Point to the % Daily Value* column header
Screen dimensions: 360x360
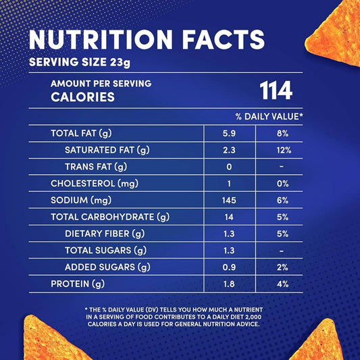pos(269,117)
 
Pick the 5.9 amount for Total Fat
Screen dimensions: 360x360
pos(230,134)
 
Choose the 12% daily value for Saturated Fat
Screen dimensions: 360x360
pos(282,150)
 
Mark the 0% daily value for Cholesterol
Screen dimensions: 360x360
pos(282,184)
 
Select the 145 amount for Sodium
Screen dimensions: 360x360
pos(230,201)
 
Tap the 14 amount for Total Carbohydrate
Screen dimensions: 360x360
pos(230,217)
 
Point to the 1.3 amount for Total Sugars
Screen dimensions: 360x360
pos(230,251)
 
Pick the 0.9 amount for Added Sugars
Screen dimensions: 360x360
pos(230,267)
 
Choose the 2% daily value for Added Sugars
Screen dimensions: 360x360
pos(282,267)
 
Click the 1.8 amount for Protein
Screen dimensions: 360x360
pos(230,284)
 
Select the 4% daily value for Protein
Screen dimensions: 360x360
pos(282,284)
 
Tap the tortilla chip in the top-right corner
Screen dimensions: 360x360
pos(335,30)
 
